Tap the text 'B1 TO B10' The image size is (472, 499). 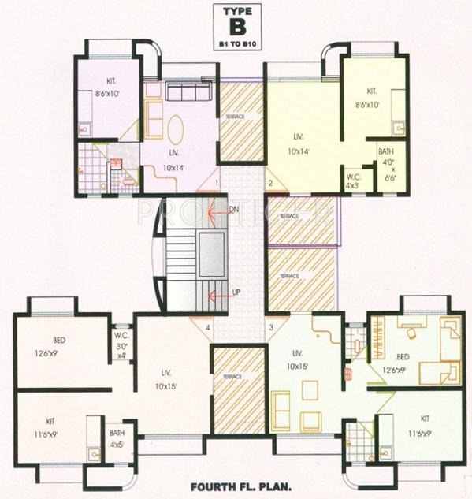pos(236,45)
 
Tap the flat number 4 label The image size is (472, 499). pos(208,326)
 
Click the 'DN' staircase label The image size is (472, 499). pos(233,210)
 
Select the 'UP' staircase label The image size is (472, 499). pos(235,292)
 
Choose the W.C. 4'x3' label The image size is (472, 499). pos(354,181)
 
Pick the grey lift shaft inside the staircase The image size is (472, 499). pos(210,255)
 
